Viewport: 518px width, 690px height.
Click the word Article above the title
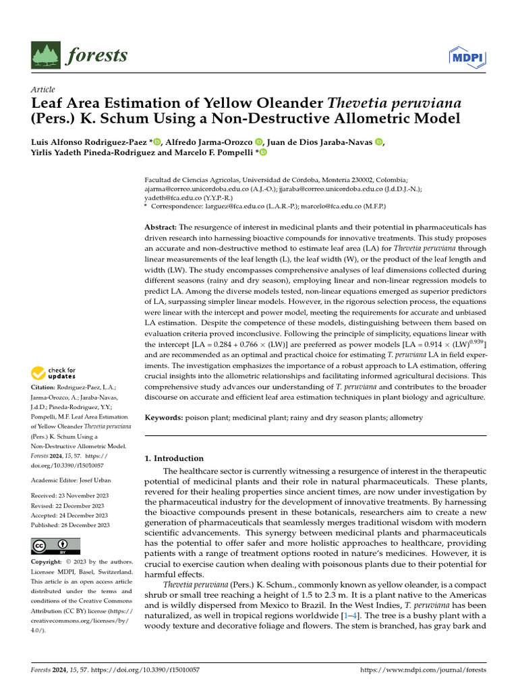point(43,90)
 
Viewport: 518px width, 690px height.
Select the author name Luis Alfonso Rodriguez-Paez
point(89,142)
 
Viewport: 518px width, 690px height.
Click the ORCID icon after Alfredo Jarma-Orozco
point(258,142)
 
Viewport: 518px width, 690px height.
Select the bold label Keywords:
point(165,418)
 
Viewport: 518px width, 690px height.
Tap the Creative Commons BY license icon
point(56,546)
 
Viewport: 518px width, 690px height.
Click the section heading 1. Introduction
point(175,458)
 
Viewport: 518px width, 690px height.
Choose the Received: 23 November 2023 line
point(69,496)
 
